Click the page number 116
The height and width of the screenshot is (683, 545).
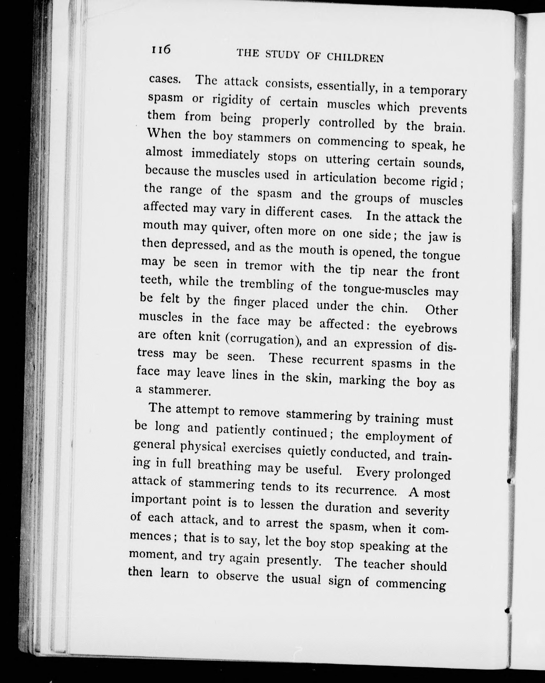coord(161,50)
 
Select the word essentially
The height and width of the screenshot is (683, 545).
coord(346,86)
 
